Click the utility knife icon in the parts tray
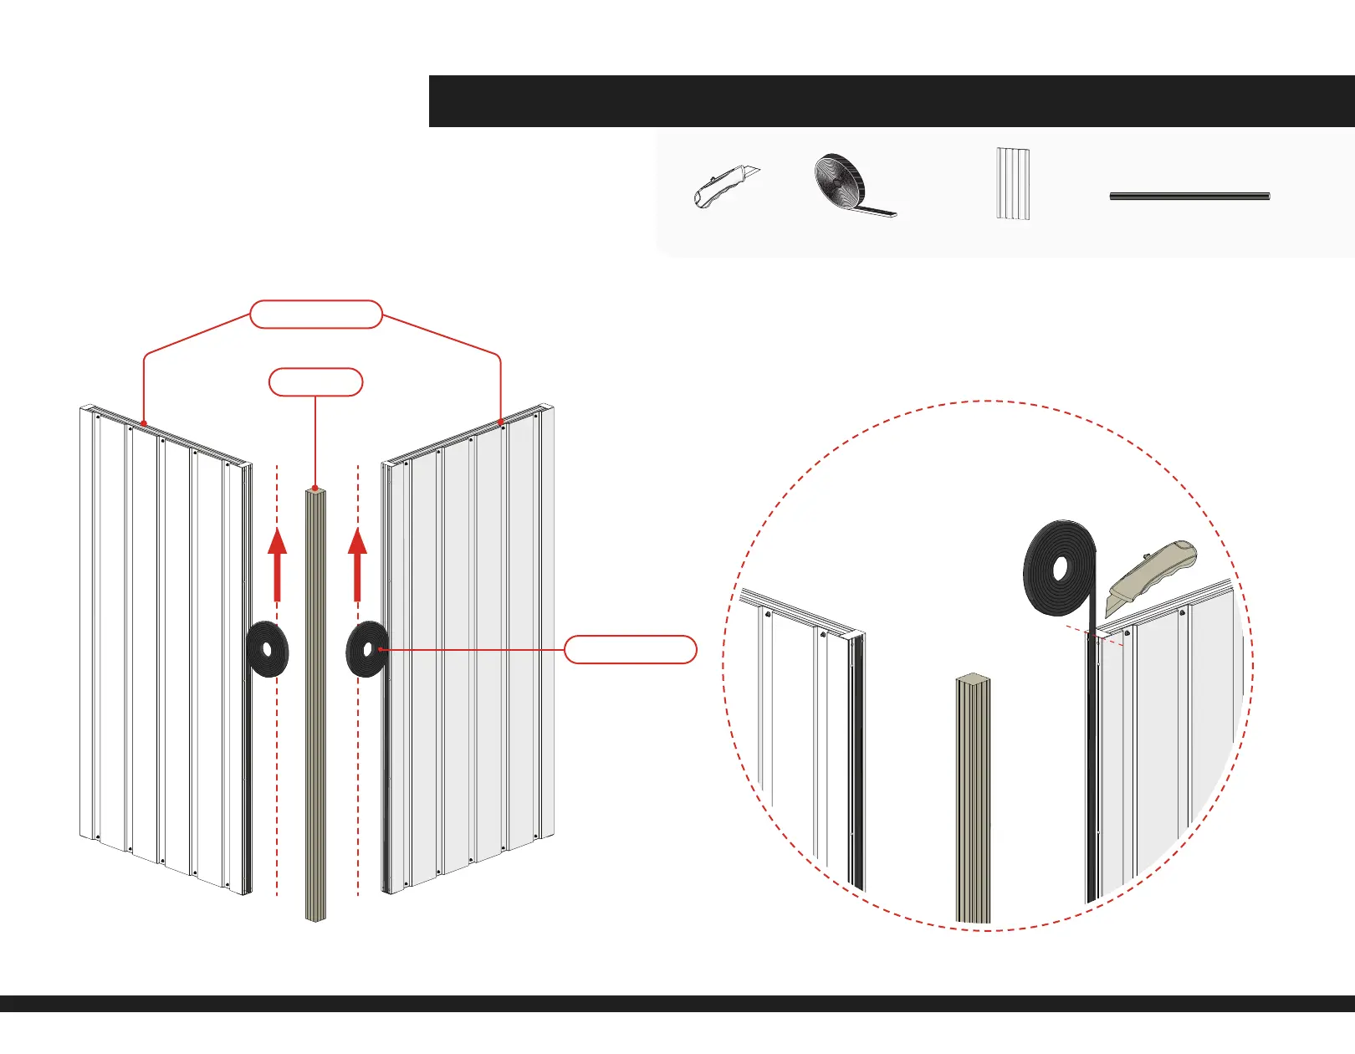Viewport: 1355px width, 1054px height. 724,186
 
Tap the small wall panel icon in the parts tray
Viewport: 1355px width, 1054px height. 1012,184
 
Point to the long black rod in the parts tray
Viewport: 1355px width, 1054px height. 1189,196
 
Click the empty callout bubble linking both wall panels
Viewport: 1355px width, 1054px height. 316,314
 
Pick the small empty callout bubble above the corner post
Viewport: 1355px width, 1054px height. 315,382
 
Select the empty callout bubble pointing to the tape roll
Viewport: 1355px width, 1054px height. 630,649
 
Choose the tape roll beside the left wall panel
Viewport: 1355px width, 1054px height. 268,649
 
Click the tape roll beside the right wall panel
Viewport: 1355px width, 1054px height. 366,649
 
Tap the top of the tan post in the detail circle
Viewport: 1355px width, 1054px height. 973,679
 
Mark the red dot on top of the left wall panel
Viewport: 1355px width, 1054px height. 144,423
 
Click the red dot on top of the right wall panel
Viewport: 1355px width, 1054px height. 500,422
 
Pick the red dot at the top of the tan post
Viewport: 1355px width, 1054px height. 314,488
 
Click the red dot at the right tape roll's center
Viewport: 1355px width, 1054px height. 381,649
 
